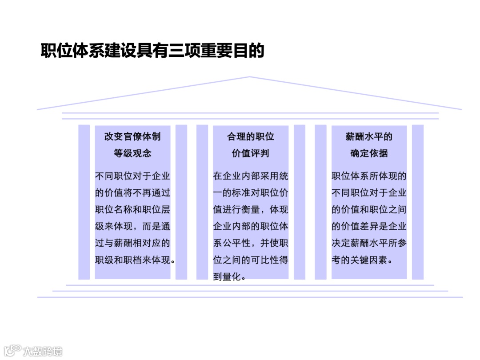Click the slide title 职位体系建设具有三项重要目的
tap(152, 51)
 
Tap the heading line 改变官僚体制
tap(132, 136)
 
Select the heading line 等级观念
tap(132, 153)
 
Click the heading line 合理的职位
tap(251, 136)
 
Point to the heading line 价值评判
tap(251, 153)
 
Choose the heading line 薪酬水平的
tap(369, 136)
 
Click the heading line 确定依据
tap(369, 153)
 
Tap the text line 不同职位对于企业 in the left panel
tap(132, 176)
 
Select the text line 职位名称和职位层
tap(132, 210)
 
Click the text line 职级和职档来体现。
tap(135, 260)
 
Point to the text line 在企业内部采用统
tap(251, 176)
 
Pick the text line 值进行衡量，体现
tap(251, 210)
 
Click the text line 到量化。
tap(230, 277)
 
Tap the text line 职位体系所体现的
tap(369, 176)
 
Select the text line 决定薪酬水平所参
tap(369, 243)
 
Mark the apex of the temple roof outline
tap(249, 77)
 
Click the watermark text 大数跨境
tap(43, 351)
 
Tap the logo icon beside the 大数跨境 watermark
tap(12, 350)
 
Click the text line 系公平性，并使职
tap(251, 243)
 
